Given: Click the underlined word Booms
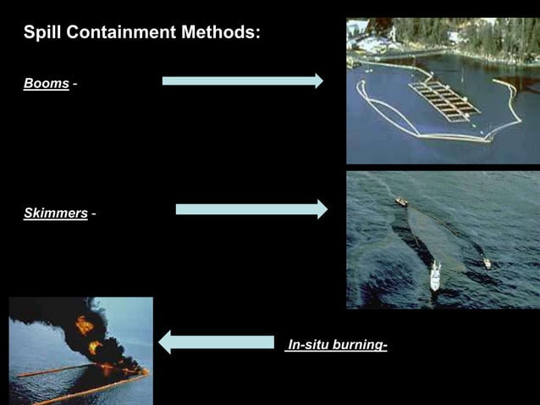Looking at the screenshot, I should (x=46, y=85).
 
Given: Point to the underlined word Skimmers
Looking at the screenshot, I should (x=55, y=213).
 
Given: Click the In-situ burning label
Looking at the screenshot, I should (x=337, y=345).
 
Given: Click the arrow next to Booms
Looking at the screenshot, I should (x=241, y=81).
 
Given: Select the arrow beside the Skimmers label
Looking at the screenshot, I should (x=251, y=209).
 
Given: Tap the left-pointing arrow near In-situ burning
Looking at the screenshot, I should (x=217, y=342).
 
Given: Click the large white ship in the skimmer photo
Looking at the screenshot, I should (x=435, y=276).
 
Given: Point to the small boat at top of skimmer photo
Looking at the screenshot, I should (x=401, y=202).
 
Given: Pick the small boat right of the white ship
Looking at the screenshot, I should (x=488, y=264).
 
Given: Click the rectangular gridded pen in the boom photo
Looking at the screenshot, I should (x=444, y=101).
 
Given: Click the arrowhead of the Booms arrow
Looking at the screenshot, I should (x=318, y=81).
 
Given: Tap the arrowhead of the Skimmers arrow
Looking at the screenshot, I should (x=322, y=209).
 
